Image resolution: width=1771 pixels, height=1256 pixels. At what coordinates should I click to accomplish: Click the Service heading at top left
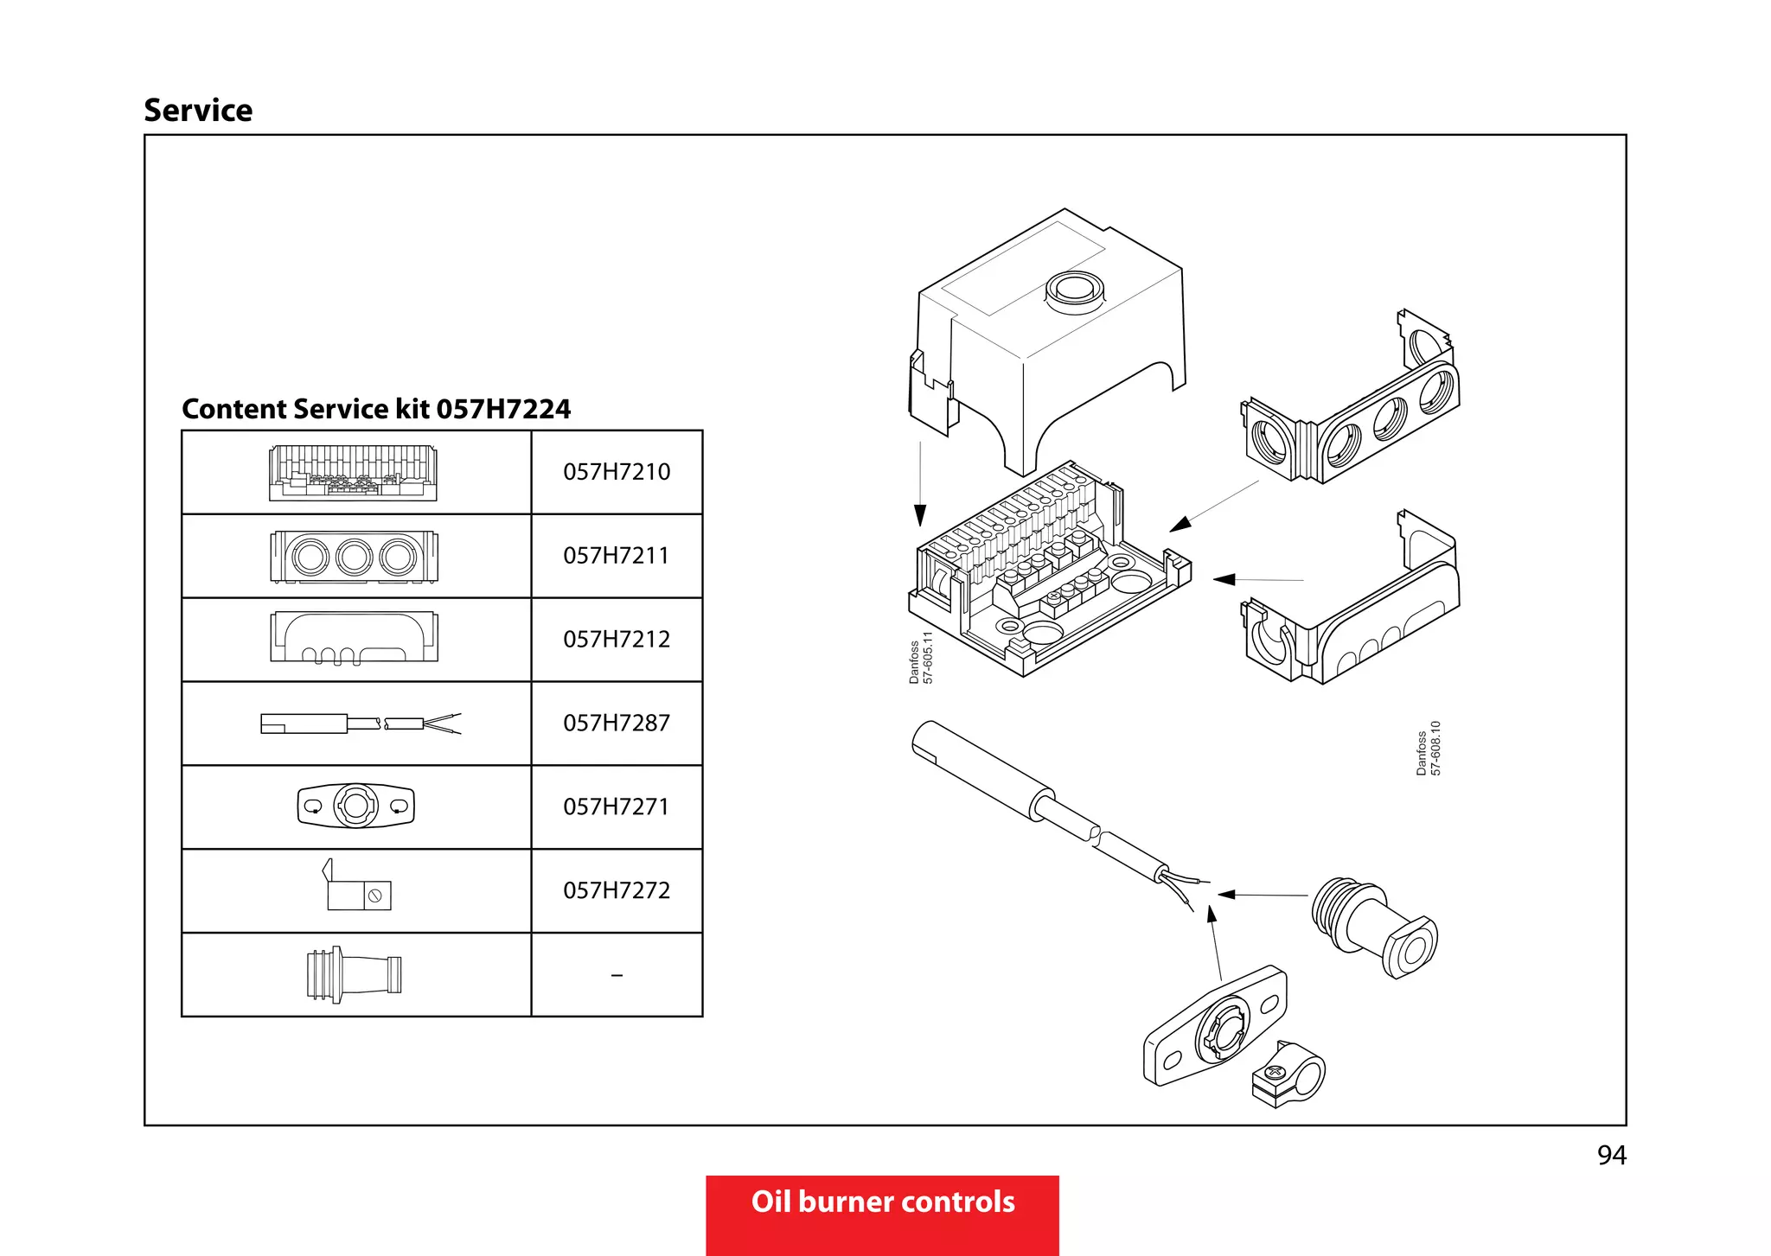tap(198, 111)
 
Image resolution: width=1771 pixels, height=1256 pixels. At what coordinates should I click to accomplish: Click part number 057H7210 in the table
tap(617, 472)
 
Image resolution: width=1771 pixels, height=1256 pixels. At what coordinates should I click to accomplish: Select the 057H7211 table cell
tap(617, 556)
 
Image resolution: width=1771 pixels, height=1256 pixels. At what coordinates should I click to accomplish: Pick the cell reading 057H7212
tap(617, 640)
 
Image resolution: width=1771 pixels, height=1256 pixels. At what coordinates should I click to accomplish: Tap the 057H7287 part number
tap(617, 724)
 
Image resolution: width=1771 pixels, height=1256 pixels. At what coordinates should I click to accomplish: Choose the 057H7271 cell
tap(617, 807)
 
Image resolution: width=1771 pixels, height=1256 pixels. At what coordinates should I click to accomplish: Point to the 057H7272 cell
tap(617, 890)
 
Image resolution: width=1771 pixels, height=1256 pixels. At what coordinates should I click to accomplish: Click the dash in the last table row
tap(617, 975)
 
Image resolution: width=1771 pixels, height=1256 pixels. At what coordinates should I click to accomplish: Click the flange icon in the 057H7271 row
tap(355, 807)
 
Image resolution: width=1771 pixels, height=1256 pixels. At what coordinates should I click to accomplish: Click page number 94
tap(1611, 1156)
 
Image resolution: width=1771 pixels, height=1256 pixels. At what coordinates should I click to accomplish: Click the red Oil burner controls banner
tap(882, 1202)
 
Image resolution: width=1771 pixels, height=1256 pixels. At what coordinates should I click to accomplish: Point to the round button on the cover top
tap(1075, 288)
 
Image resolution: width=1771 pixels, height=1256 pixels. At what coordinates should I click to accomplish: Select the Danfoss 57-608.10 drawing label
tap(1429, 749)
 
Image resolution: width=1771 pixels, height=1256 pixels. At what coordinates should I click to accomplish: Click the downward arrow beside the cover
tap(920, 515)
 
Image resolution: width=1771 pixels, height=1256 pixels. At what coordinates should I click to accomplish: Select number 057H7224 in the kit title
tap(503, 409)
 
